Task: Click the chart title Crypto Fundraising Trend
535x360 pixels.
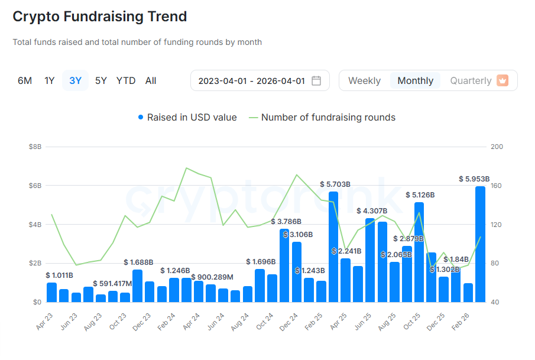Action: click(100, 17)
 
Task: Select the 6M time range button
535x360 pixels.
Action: click(25, 80)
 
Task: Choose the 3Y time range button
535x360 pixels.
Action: click(75, 80)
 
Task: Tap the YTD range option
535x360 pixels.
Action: click(126, 80)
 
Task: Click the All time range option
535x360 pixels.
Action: click(151, 80)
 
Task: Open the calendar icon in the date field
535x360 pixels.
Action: click(316, 80)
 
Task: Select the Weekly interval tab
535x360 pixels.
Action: click(364, 80)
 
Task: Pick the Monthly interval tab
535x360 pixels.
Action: click(415, 80)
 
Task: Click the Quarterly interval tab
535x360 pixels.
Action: click(471, 80)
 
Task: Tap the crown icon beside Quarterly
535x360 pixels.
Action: click(502, 80)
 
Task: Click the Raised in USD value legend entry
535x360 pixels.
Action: click(187, 118)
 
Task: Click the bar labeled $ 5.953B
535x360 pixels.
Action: click(480, 244)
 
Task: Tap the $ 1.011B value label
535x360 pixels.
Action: click(59, 275)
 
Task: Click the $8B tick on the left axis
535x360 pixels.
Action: click(34, 147)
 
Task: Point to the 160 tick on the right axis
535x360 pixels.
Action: click(497, 186)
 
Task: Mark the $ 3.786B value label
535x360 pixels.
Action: click(286, 222)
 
